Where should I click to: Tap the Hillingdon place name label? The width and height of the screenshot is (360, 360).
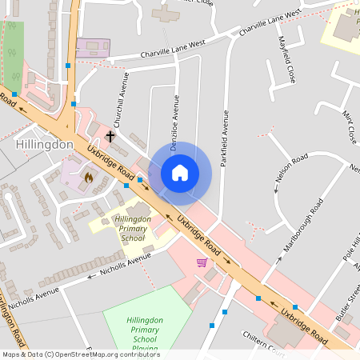click(x=45, y=144)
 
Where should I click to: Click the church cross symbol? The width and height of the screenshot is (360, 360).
click(x=110, y=137)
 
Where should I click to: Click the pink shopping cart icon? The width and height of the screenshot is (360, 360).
click(x=202, y=262)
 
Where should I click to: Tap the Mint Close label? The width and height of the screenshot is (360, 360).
click(x=349, y=126)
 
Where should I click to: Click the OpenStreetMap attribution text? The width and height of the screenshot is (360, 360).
click(x=81, y=354)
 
